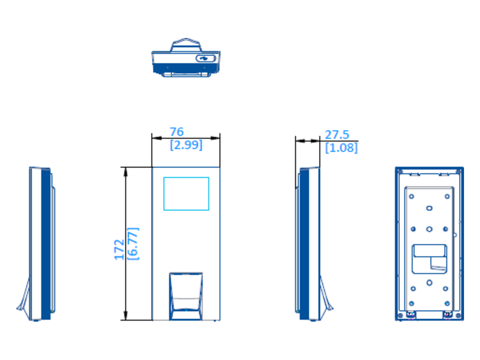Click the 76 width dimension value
(x=176, y=132)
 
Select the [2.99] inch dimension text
(x=186, y=145)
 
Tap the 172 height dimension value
(x=119, y=250)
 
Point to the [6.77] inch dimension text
(x=133, y=244)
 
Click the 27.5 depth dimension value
(x=337, y=135)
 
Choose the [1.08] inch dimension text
(x=341, y=148)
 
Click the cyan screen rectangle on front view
(x=186, y=194)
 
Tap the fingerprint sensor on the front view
(x=186, y=296)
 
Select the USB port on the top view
(x=205, y=58)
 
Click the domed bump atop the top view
(x=186, y=45)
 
